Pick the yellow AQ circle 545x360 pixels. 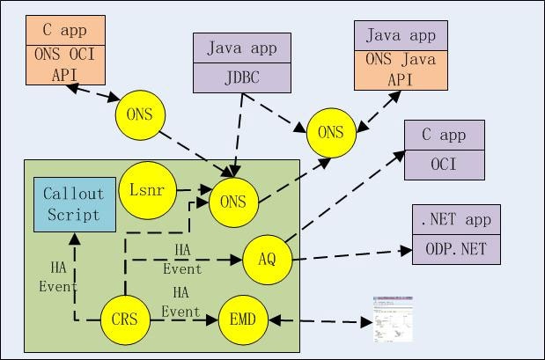[x=267, y=260]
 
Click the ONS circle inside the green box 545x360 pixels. [x=233, y=202]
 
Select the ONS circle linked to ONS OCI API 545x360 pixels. [x=140, y=115]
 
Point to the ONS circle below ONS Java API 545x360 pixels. [x=330, y=133]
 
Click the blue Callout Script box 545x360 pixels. [x=74, y=204]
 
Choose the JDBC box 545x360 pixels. [x=241, y=77]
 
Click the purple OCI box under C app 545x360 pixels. [x=444, y=165]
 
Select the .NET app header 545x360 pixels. [x=455, y=219]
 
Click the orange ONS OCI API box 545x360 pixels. [x=65, y=64]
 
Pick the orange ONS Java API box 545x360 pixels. [x=401, y=70]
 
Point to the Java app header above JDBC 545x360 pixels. [x=241, y=48]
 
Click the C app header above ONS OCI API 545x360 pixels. [x=65, y=30]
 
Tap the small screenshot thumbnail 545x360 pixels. [x=394, y=318]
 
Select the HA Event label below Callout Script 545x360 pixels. [x=58, y=276]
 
